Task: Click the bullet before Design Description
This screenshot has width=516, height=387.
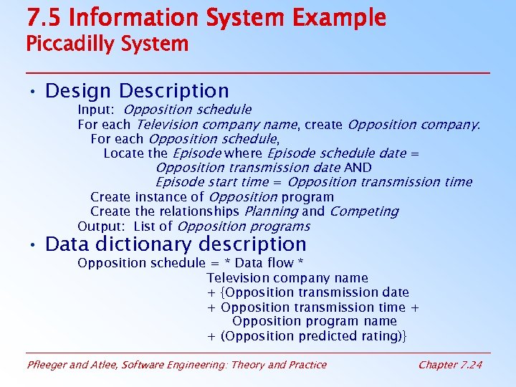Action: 33,92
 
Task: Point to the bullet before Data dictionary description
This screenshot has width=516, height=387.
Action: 33,245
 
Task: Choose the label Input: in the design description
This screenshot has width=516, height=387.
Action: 97,110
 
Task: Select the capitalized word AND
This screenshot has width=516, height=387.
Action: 358,168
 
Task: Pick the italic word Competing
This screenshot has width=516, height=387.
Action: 363,211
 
